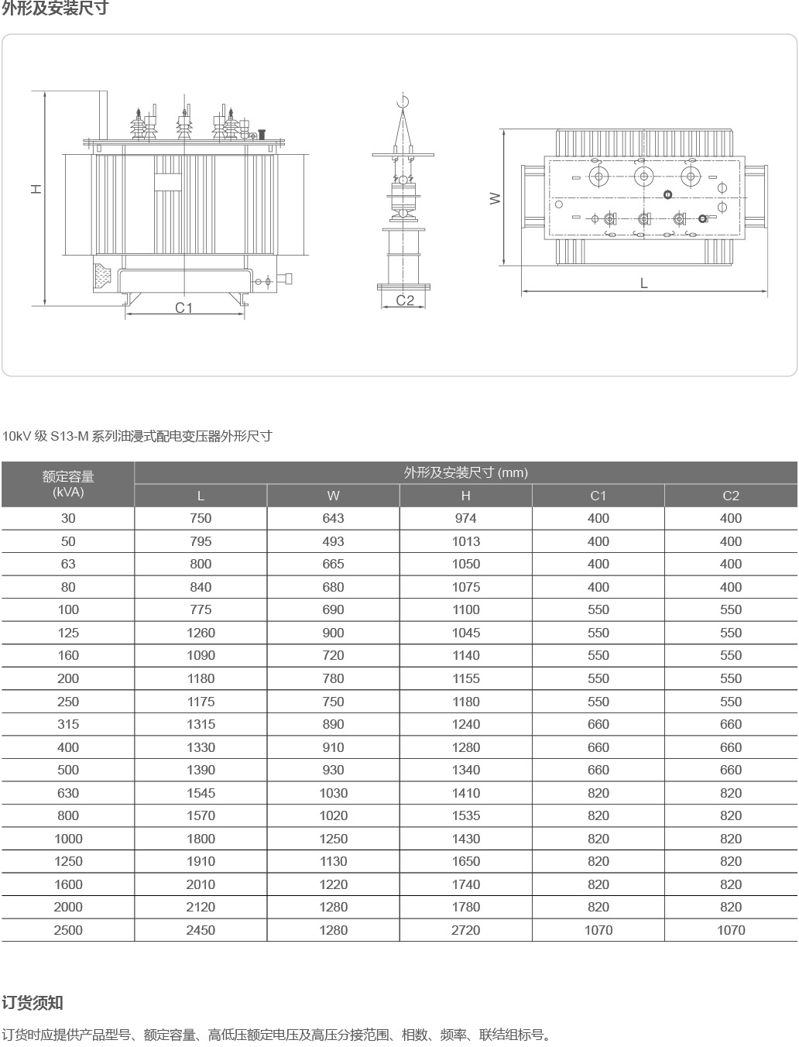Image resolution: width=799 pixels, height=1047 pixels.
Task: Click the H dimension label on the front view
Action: tap(36, 189)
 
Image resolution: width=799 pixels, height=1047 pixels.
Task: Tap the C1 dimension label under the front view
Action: tap(183, 307)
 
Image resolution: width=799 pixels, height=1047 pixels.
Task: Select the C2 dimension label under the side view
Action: tap(405, 300)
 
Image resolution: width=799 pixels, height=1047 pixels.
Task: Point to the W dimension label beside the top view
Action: tap(496, 198)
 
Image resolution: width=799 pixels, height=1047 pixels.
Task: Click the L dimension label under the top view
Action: tap(643, 283)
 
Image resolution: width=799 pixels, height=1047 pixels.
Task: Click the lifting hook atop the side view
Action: tap(401, 101)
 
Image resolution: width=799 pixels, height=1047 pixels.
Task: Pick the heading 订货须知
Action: tap(33, 1003)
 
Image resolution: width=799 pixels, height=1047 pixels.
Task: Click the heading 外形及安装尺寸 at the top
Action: tap(55, 9)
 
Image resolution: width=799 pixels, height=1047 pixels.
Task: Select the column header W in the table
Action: tap(333, 496)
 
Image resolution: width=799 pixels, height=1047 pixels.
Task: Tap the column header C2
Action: tap(730, 496)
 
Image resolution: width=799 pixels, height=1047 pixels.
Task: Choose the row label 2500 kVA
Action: tap(68, 930)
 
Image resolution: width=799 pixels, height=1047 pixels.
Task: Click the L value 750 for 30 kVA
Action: tap(201, 518)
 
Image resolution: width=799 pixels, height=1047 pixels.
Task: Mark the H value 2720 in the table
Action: tap(465, 930)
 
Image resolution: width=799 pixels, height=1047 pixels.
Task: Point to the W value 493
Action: tap(333, 541)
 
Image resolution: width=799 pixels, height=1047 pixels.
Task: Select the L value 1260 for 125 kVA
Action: tap(201, 633)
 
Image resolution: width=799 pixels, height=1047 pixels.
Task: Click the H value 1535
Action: tap(465, 815)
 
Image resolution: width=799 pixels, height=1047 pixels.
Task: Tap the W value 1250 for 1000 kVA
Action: tap(333, 839)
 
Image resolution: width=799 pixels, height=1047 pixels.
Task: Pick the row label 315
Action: tap(68, 724)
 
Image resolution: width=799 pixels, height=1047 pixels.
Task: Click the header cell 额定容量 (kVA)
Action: tap(68, 484)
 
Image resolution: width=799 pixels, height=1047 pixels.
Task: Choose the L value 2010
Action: tap(201, 884)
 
